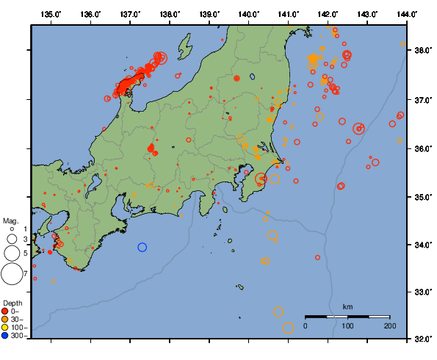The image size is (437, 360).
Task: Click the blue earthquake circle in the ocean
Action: point(142,247)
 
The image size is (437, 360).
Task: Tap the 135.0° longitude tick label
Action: point(51,14)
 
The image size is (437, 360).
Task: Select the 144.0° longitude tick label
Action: point(406,14)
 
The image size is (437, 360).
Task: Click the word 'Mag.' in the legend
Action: point(10,220)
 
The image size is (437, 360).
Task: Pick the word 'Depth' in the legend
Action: point(12,303)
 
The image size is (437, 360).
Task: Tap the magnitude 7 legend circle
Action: point(11,274)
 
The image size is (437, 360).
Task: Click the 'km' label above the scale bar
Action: point(347,306)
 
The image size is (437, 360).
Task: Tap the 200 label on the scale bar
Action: point(390,325)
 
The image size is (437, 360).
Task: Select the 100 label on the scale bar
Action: point(347,325)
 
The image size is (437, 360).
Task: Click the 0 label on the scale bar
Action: point(306,325)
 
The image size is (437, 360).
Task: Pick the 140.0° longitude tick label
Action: point(248,14)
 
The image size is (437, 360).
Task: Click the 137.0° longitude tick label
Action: point(130,14)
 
